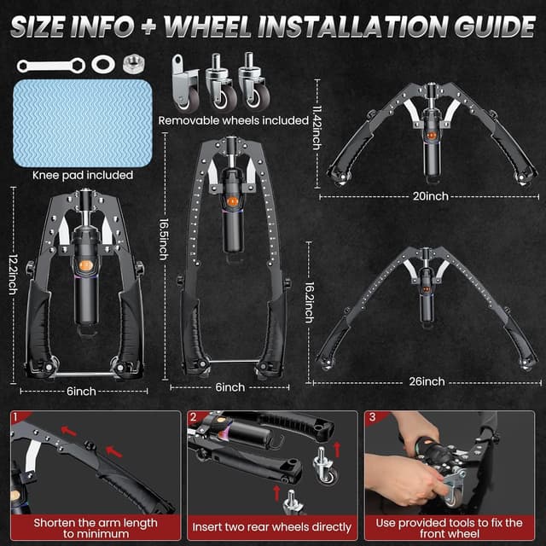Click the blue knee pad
pyautogui.click(x=82, y=122)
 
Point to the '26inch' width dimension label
pyautogui.click(x=427, y=380)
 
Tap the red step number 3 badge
pyautogui.click(x=372, y=418)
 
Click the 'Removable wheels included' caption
pyautogui.click(x=233, y=120)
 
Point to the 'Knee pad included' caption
pyautogui.click(x=82, y=175)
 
